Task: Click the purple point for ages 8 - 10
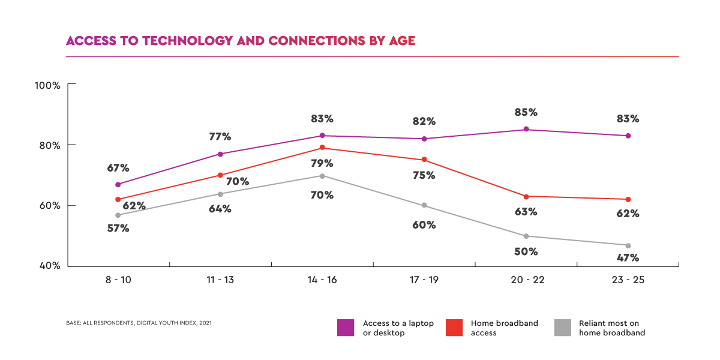(118, 184)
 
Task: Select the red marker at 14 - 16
(322, 148)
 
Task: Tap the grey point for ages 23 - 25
(628, 245)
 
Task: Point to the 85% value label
(526, 112)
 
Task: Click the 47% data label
(628, 258)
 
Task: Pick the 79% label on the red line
(322, 163)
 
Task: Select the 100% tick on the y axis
(47, 85)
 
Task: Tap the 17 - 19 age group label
(424, 280)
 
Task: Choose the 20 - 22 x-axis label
(526, 280)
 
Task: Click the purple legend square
(346, 328)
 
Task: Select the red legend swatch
(454, 328)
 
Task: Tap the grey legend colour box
(562, 328)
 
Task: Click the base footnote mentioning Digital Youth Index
(138, 323)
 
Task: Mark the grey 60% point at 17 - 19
(424, 205)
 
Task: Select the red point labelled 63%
(526, 196)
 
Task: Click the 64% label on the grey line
(220, 209)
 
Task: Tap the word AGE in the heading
(401, 41)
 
